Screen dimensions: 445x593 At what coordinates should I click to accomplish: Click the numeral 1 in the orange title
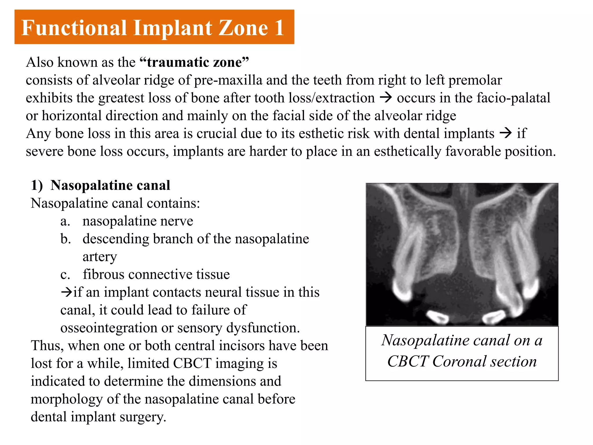click(279, 28)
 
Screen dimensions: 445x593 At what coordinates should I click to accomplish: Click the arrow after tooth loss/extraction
click(386, 98)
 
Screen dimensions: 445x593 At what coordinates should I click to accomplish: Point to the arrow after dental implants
click(506, 133)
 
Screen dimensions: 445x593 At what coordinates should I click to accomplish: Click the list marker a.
click(65, 221)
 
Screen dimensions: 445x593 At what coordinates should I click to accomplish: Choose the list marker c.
click(65, 275)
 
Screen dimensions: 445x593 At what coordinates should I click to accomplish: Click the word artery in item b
click(100, 257)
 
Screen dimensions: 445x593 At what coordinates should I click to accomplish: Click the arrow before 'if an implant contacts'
click(66, 292)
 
